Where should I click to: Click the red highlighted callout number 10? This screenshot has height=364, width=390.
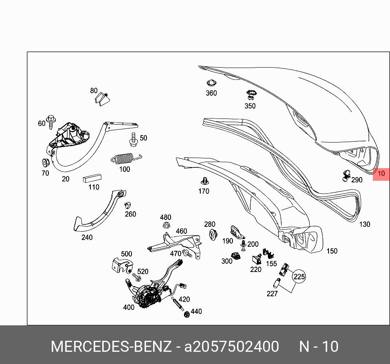[381, 174]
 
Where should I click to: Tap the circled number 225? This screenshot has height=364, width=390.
[299, 277]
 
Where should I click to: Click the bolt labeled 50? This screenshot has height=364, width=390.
[133, 139]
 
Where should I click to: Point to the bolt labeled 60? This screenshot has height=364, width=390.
[50, 121]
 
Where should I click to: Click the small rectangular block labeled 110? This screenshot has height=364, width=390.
[92, 178]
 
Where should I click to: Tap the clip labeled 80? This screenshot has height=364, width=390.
[102, 99]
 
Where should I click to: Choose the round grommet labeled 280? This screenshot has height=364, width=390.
[213, 235]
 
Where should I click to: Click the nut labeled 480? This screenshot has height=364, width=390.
[166, 226]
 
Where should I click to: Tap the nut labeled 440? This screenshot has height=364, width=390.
[187, 314]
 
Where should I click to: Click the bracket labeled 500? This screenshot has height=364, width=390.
[121, 265]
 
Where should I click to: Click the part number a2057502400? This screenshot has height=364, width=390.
[232, 346]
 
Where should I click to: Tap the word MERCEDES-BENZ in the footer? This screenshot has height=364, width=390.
[111, 346]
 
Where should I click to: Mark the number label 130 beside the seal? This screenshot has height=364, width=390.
[364, 224]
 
